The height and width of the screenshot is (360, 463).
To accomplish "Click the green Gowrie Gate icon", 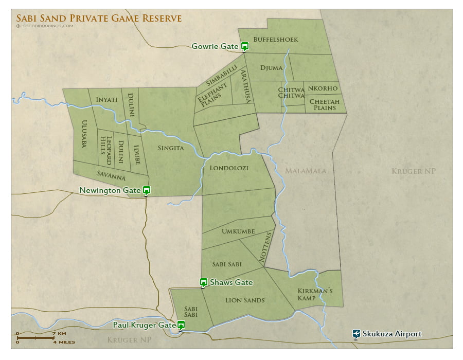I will point(245,46).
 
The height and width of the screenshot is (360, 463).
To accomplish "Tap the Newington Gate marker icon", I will point(147,190).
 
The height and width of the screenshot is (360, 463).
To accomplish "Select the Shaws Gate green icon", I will point(204,282).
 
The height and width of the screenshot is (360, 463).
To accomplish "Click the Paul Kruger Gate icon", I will point(181,325).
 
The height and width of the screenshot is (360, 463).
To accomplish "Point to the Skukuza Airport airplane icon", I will point(356,334).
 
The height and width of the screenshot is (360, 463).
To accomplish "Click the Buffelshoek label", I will point(275,39).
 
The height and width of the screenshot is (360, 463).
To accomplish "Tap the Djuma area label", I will point(271,67).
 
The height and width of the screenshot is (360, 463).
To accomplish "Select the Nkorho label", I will point(323,88).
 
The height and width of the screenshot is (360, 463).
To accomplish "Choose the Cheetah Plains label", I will point(324,104).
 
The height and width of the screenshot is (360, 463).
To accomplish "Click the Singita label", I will point(170,148).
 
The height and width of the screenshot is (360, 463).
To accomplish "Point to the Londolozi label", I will point(229,168).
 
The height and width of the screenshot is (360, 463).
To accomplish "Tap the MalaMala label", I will point(306,171).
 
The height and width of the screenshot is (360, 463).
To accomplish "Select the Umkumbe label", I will point(238,231).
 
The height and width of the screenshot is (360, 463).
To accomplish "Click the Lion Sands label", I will point(245,300).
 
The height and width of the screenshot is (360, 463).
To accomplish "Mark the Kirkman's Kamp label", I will point(315,295).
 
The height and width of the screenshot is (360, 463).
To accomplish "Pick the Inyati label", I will point(106,99).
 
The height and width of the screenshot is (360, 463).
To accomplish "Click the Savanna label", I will point(111,175).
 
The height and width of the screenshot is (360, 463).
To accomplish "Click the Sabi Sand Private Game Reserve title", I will point(99,18).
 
